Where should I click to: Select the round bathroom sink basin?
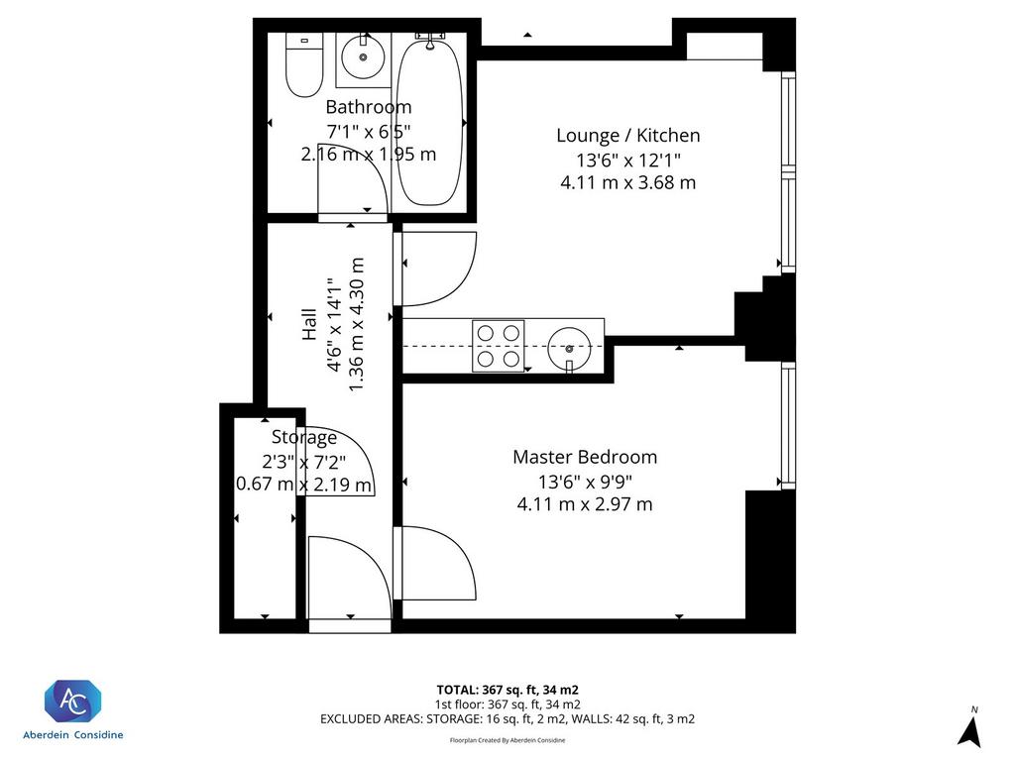[x=363, y=56]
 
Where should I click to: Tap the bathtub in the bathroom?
[x=429, y=122]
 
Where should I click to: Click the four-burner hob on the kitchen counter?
[x=498, y=346]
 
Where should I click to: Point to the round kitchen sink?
[x=569, y=348]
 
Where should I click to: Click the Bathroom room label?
[x=369, y=107]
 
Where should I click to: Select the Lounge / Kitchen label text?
[x=627, y=135]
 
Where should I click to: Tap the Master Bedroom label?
[x=585, y=457]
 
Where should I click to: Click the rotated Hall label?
[x=309, y=324]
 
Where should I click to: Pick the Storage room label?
[x=304, y=438]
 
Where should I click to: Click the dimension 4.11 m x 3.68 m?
[x=627, y=182]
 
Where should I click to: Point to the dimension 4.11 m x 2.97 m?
[x=585, y=504]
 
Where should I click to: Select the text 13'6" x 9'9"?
[x=585, y=482]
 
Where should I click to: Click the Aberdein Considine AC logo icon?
[x=72, y=702]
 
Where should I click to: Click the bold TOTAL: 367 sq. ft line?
[x=507, y=690]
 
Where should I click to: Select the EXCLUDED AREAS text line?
[x=507, y=719]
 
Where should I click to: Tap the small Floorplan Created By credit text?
[x=507, y=740]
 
